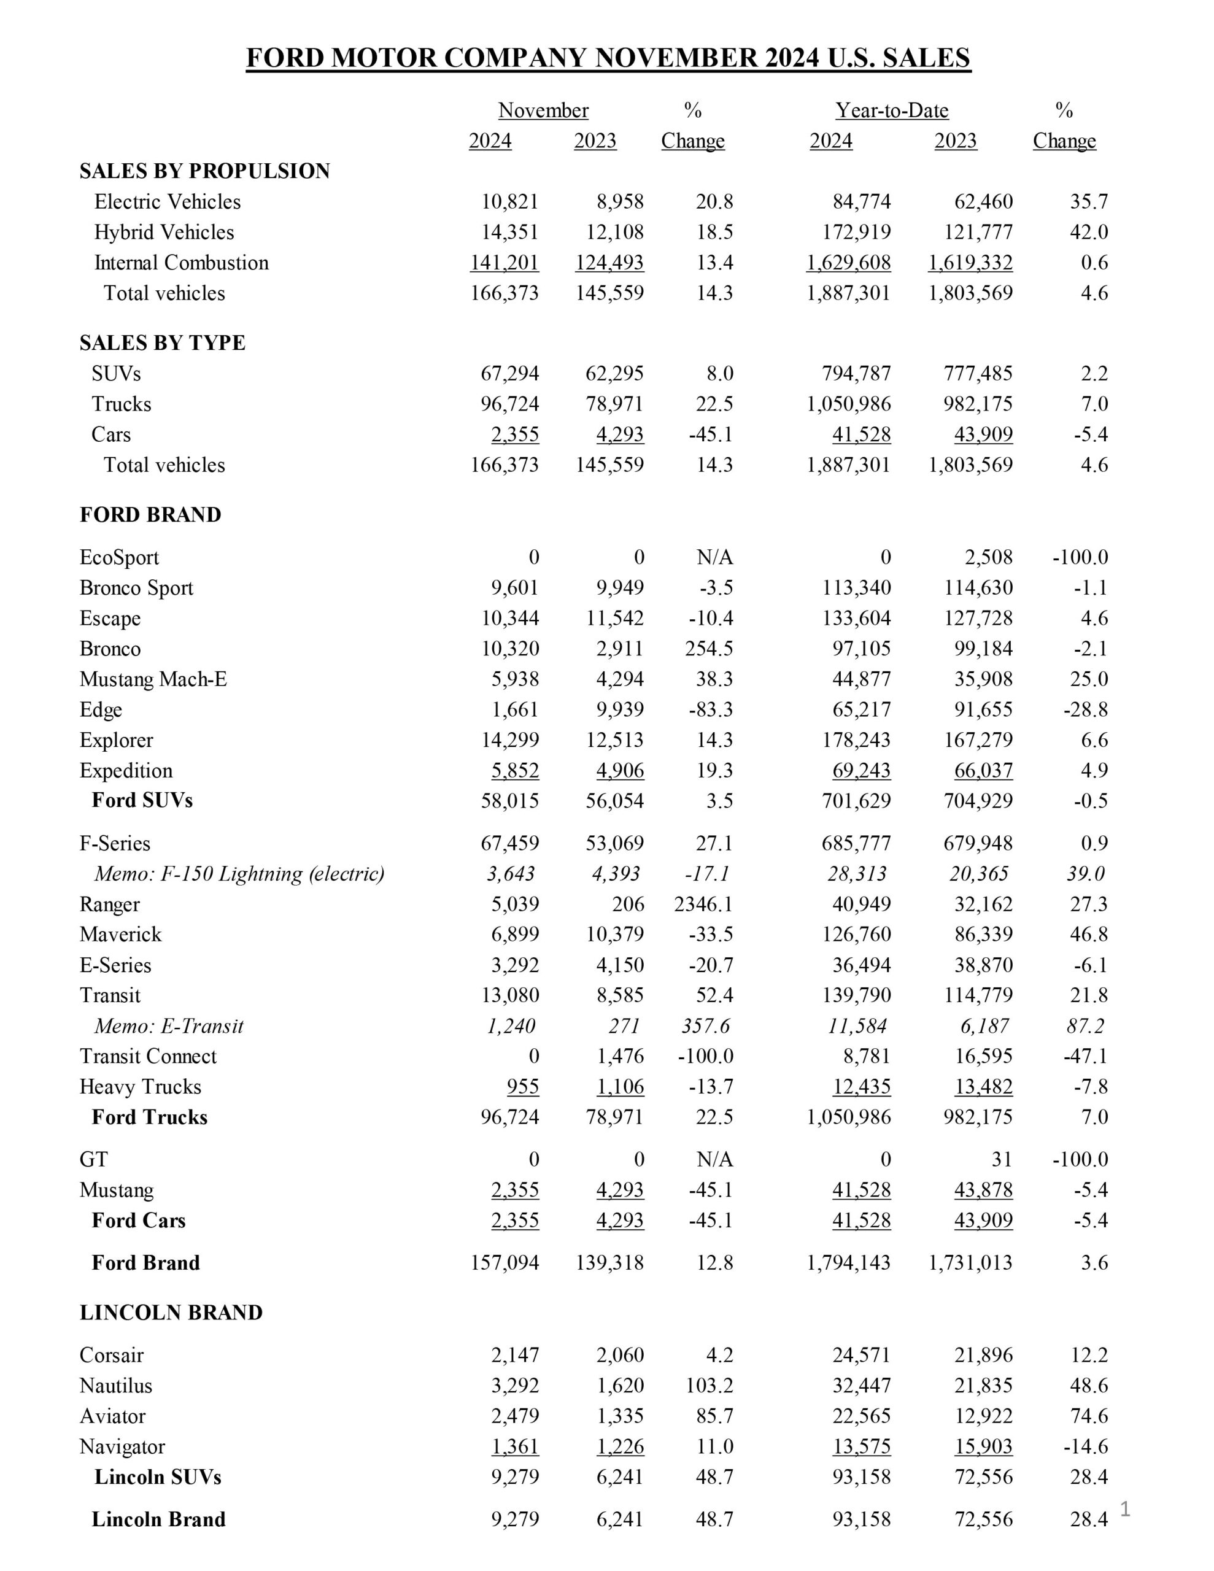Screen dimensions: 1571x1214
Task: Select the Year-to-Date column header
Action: pos(892,111)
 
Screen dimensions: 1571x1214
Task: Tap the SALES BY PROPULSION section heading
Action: pos(204,171)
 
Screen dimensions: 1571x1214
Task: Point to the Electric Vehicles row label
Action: pos(167,201)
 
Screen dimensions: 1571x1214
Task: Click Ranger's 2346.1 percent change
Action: pos(703,904)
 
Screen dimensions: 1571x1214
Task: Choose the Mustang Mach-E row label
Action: pos(153,679)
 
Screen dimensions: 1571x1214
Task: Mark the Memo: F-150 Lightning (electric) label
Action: pos(239,874)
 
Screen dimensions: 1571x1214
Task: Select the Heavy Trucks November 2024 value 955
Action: pos(522,1087)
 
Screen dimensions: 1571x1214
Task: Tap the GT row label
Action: pos(93,1160)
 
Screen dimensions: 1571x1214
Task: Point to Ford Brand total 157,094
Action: pos(505,1262)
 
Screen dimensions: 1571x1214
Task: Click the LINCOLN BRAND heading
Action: pos(171,1313)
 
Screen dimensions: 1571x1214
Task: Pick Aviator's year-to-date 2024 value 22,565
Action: pos(861,1416)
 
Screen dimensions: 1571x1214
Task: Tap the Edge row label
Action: pos(101,710)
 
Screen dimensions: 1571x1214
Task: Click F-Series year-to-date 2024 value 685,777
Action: pos(856,843)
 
